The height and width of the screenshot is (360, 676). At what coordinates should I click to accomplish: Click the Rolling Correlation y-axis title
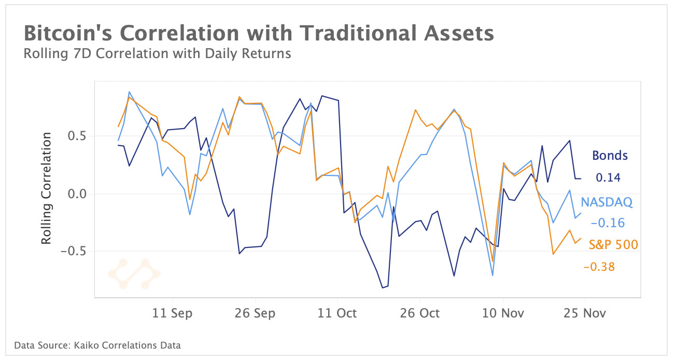pyautogui.click(x=47, y=188)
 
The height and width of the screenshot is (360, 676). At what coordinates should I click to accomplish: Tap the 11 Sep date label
pyautogui.click(x=173, y=313)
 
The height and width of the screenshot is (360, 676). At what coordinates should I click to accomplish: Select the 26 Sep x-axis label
pyautogui.click(x=255, y=313)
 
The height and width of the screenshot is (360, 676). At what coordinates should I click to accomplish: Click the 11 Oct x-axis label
pyautogui.click(x=337, y=313)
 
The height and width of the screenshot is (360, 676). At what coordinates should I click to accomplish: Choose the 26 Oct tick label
pyautogui.click(x=420, y=313)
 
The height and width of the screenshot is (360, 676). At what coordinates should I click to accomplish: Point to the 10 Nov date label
pyautogui.click(x=503, y=313)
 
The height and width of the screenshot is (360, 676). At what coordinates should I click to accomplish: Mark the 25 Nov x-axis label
pyautogui.click(x=585, y=313)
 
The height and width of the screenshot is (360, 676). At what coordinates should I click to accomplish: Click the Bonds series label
pyautogui.click(x=610, y=155)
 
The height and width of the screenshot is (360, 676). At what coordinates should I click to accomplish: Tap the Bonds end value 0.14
pyautogui.click(x=608, y=177)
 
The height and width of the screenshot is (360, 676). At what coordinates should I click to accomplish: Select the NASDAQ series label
pyautogui.click(x=607, y=202)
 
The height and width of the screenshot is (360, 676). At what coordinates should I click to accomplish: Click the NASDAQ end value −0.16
pyautogui.click(x=608, y=223)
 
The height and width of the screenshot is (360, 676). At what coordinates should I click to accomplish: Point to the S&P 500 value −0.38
pyautogui.click(x=599, y=267)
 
